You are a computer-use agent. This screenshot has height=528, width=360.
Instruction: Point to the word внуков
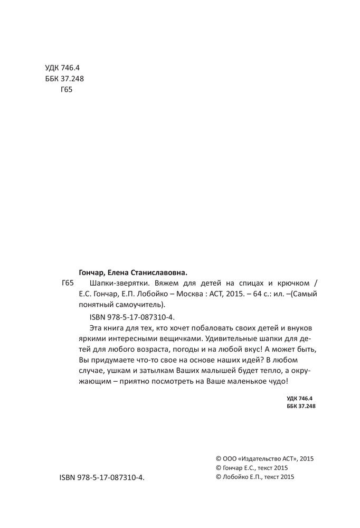(304, 329)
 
